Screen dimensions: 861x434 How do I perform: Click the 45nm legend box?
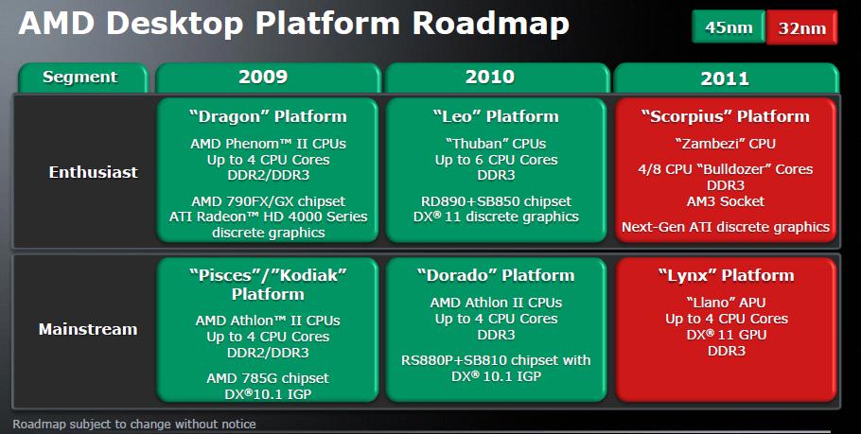tap(729, 26)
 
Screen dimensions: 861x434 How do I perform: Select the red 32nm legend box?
tap(801, 26)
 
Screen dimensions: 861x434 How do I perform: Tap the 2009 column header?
tap(268, 78)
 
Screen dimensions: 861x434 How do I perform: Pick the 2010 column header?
tap(497, 78)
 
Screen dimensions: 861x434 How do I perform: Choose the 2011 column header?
tap(726, 78)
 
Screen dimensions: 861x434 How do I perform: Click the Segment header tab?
tap(82, 78)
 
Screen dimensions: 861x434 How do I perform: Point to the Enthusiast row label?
tap(94, 172)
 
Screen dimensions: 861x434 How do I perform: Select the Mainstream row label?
tap(88, 329)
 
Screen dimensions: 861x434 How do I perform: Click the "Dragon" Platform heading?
tap(268, 116)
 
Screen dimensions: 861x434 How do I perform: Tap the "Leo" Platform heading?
tap(496, 116)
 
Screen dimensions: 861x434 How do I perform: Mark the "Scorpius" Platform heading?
tap(726, 116)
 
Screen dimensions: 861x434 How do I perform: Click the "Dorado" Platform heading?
tap(496, 275)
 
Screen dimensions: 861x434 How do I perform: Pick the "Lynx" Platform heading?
tap(726, 275)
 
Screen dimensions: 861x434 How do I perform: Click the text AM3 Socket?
tap(726, 201)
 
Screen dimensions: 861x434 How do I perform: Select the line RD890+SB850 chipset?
tap(496, 201)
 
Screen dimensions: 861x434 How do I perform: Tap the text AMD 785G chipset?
tap(268, 378)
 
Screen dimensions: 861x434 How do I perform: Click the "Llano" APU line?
tap(726, 303)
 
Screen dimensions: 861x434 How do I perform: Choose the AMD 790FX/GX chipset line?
tap(269, 201)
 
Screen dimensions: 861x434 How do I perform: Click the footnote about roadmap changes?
tap(134, 425)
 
